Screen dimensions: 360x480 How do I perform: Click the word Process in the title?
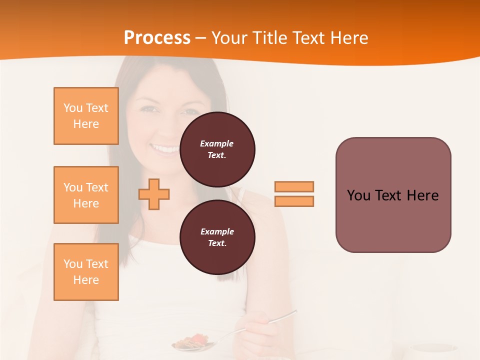[157, 38]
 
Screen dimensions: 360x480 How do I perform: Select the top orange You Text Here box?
[86, 116]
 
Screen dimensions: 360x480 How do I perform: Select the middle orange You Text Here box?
[86, 195]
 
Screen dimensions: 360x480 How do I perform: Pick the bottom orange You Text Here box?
[86, 272]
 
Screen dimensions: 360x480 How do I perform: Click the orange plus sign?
[154, 194]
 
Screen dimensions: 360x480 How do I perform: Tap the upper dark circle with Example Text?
[217, 149]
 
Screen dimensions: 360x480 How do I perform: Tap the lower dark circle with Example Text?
[217, 237]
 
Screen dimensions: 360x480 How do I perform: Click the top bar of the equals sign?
[294, 186]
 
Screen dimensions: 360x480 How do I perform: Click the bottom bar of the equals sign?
[294, 201]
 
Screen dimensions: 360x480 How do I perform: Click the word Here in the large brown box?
[422, 195]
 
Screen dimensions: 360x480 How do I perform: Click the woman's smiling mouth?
[165, 148]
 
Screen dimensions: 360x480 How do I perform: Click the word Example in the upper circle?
[217, 143]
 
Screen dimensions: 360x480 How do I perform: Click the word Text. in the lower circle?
[217, 243]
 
